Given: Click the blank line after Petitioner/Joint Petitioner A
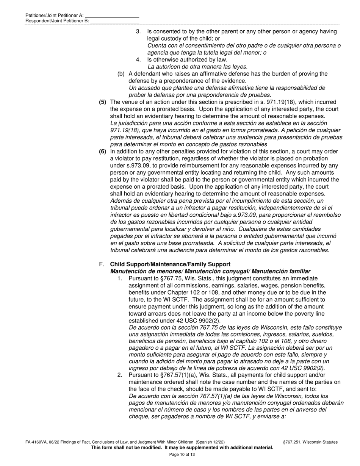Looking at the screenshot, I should (x=112, y=16).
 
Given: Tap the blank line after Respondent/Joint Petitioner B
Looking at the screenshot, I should (x=115, y=21).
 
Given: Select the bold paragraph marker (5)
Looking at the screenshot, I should (x=102, y=102).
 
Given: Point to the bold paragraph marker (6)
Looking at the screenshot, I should (x=102, y=151).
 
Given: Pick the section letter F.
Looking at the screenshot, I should (x=100, y=264).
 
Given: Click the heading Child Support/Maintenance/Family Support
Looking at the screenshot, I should (x=170, y=264).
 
